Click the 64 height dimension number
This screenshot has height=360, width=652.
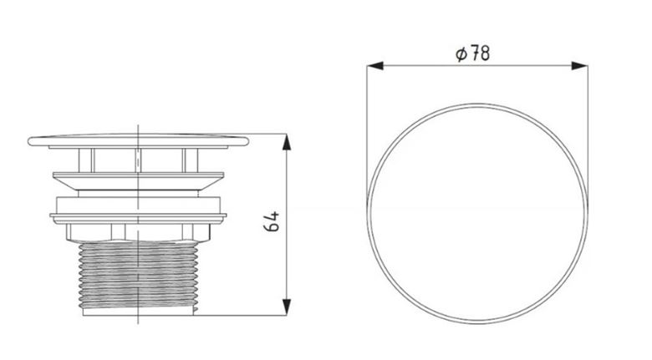tap(272, 221)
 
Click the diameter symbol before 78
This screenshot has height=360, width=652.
tap(461, 54)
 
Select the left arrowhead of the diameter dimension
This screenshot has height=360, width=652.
tap(375, 66)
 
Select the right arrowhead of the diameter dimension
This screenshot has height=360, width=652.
tap(579, 66)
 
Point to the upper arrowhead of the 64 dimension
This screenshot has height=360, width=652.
tap(287, 142)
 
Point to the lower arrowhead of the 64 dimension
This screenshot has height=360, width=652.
tap(287, 307)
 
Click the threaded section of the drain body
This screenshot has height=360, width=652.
tap(138, 275)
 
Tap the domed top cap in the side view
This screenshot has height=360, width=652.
tap(139, 140)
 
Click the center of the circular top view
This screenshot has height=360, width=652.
tap(477, 214)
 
